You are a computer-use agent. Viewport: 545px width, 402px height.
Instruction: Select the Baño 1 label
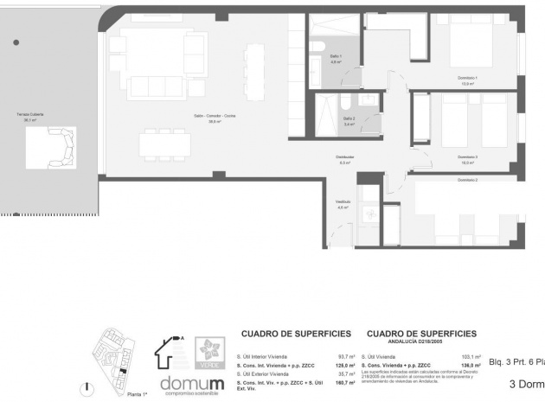pos(336,57)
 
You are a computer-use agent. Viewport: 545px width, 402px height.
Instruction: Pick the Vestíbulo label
pos(343,204)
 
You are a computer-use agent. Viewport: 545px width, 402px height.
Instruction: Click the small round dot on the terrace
pos(16,41)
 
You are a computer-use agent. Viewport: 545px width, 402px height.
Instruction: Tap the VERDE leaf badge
pos(208,349)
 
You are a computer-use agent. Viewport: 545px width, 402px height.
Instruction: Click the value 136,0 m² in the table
pos(471,365)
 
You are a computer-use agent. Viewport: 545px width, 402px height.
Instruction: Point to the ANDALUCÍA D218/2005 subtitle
pos(421,341)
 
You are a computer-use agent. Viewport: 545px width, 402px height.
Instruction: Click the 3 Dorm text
pos(526,384)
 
